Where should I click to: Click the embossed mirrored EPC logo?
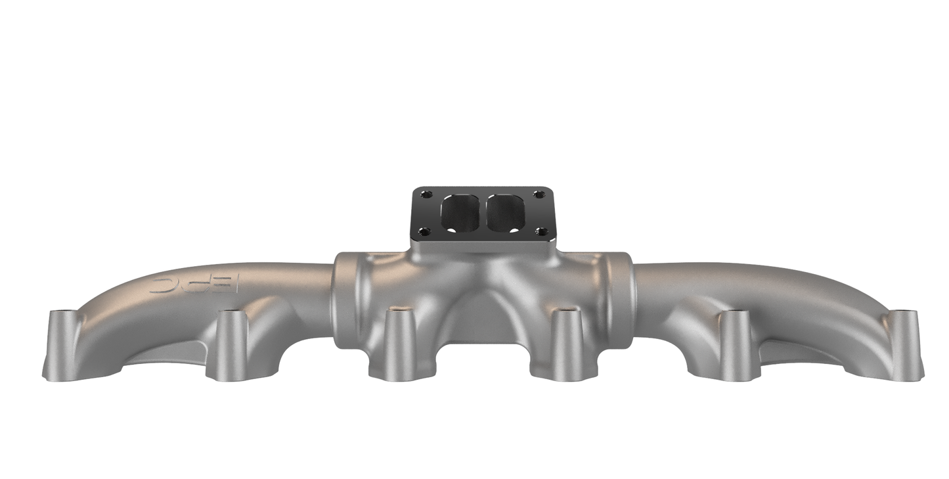pyautogui.click(x=195, y=284)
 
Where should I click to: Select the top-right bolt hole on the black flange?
pyautogui.click(x=539, y=194)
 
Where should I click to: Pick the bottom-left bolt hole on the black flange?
pyautogui.click(x=424, y=231)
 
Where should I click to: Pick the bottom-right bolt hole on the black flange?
pyautogui.click(x=542, y=231)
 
